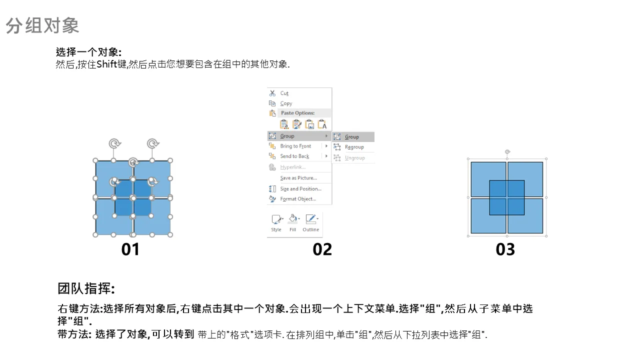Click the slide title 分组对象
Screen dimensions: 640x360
[x=42, y=25]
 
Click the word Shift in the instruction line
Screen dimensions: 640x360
[x=107, y=64]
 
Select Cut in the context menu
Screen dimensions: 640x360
[x=284, y=93]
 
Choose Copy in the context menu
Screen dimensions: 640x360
[x=286, y=103]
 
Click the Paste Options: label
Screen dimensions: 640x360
[x=297, y=113]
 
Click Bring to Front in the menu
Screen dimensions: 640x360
[x=295, y=146]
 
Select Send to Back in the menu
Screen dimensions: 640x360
[x=294, y=156]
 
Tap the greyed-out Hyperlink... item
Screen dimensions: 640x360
[x=293, y=167]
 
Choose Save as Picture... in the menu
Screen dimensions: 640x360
[x=298, y=177]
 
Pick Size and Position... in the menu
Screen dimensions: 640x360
[x=301, y=188]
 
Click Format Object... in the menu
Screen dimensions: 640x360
[x=298, y=199]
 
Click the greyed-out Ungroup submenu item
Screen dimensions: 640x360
[x=354, y=158]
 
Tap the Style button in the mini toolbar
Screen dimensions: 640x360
[x=276, y=223]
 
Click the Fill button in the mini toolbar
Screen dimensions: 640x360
[x=293, y=223]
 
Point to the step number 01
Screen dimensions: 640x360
[x=130, y=249]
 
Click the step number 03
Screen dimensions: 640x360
[x=505, y=249]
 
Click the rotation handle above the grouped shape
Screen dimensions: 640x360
[x=507, y=151]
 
